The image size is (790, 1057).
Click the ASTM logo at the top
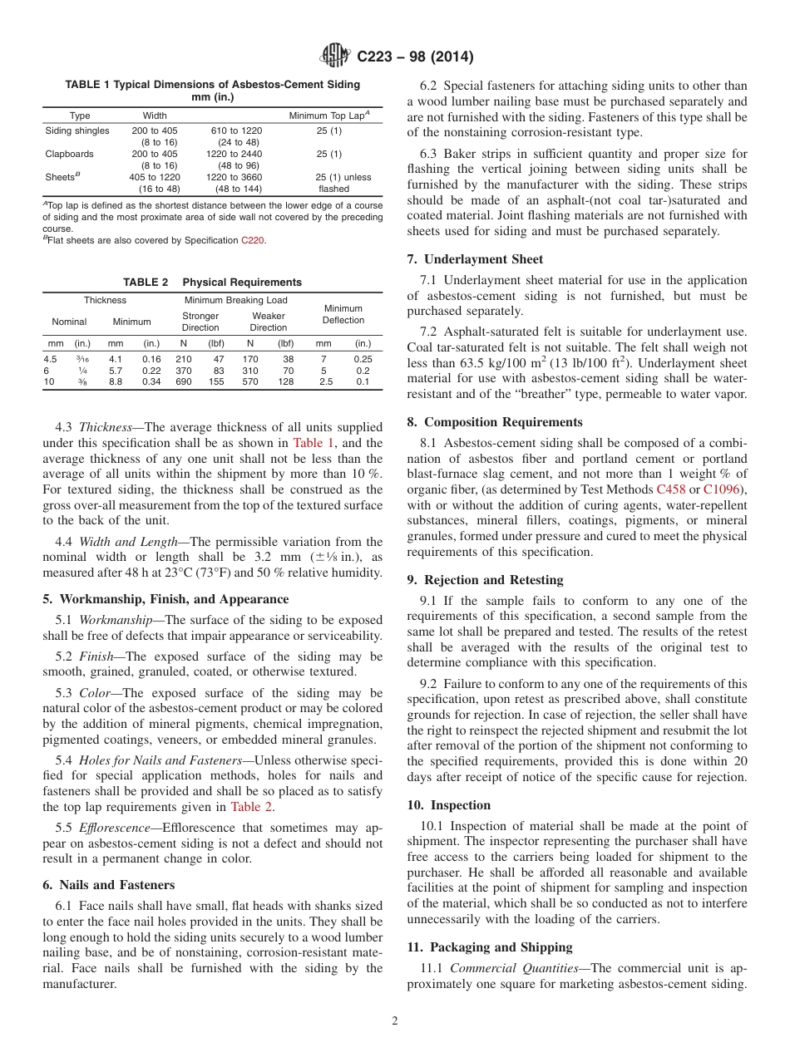pos(335,57)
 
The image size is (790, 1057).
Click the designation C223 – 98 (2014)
pos(415,57)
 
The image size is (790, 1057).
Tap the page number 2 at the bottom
pos(395,1021)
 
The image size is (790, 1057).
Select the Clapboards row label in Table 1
pos(69,154)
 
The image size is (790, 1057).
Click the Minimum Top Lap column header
pos(328,116)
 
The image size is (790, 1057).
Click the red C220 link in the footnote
pos(253,240)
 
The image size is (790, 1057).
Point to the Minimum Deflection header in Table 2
pos(343,314)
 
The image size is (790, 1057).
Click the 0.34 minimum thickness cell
pos(151,382)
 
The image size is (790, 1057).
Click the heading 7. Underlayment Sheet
pos(475,259)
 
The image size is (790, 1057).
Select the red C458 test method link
pos(671,489)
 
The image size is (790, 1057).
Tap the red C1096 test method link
pos(723,489)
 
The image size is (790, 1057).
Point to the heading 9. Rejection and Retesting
pos(485,579)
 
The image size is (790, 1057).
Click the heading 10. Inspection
pos(448,804)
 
